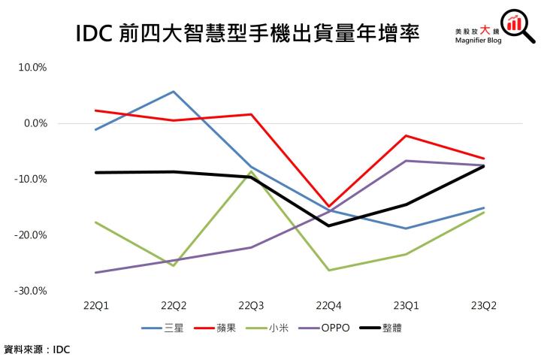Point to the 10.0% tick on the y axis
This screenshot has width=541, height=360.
tap(32, 68)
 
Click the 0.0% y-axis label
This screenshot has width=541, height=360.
tap(34, 123)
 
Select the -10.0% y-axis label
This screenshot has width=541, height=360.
tap(32, 180)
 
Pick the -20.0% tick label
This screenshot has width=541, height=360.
tap(32, 235)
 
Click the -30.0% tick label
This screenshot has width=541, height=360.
tap(32, 291)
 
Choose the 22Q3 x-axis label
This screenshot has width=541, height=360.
tap(250, 307)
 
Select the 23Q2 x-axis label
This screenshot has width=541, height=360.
tap(483, 307)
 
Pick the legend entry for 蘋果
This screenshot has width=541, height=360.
tap(221, 328)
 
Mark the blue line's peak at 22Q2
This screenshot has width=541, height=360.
tap(173, 92)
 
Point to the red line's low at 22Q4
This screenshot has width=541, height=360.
tap(328, 207)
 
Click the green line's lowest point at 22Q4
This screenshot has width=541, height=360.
tap(328, 270)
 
